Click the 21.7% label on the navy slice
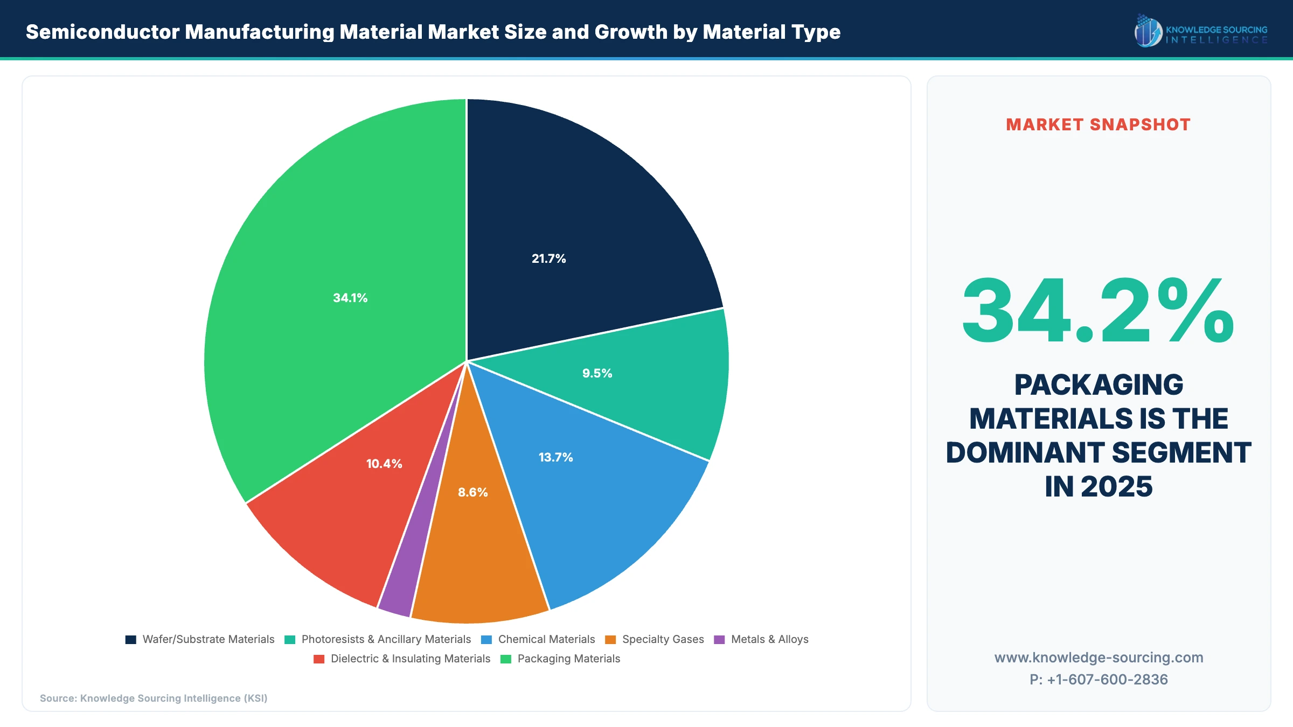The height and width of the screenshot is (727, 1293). [x=548, y=258]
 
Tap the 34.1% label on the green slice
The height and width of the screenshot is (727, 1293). [x=350, y=298]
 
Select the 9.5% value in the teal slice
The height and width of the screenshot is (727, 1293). [x=597, y=373]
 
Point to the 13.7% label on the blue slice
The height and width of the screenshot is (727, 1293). [x=555, y=457]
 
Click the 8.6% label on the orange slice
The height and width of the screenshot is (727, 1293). [x=472, y=492]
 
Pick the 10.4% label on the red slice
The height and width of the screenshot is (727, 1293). [x=384, y=464]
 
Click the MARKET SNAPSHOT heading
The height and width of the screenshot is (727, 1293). [x=1098, y=125]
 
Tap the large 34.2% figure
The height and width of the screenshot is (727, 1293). [x=1098, y=311]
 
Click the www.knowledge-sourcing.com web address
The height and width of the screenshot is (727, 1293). [x=1099, y=658]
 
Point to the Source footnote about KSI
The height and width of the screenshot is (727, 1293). [x=154, y=698]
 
